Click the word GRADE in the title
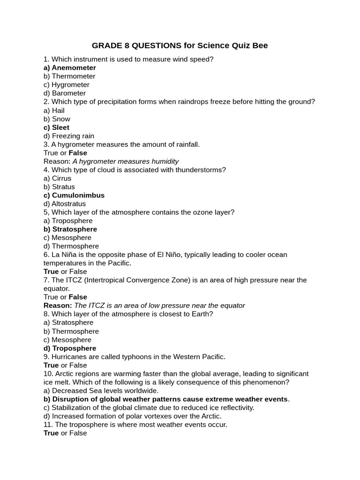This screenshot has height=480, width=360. (x=106, y=45)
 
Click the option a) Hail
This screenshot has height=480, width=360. (x=57, y=110)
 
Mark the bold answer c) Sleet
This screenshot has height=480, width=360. (x=56, y=127)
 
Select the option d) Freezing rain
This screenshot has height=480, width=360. (x=69, y=135)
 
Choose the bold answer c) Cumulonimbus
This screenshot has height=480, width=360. (x=74, y=195)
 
